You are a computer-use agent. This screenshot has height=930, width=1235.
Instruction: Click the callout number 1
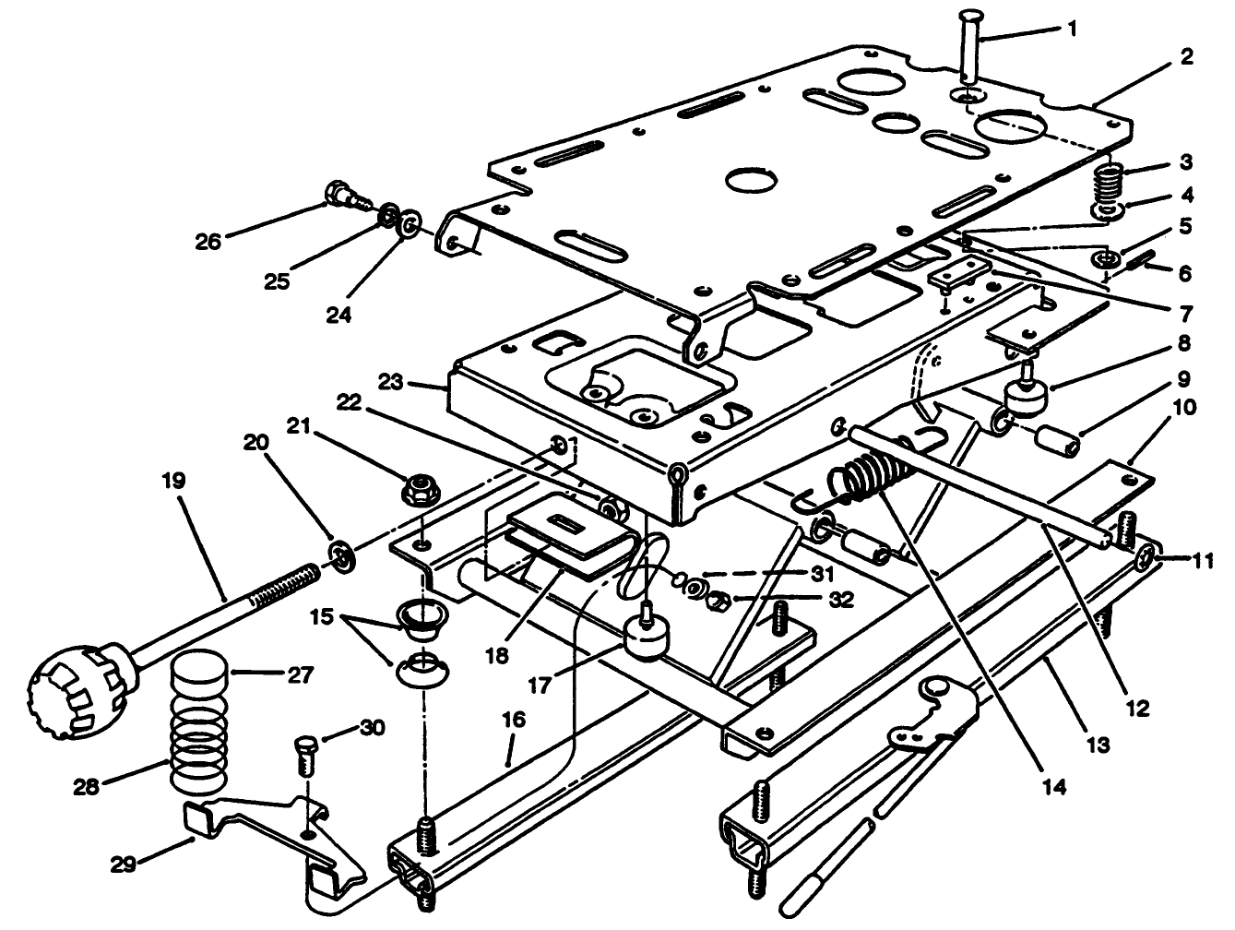[x=1073, y=29]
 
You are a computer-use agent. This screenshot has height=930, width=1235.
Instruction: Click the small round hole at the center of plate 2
[x=754, y=179]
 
